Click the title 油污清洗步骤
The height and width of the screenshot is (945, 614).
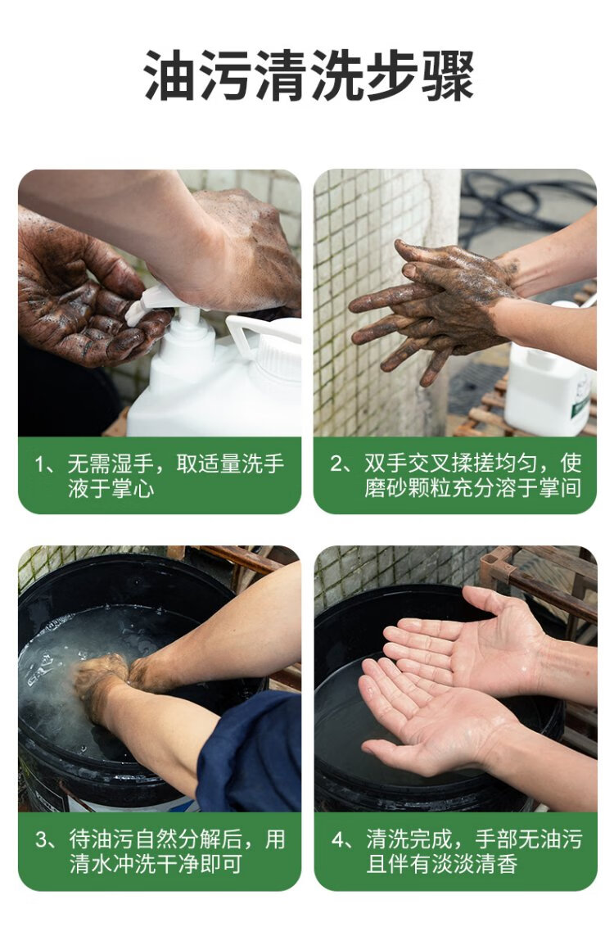coord(309,75)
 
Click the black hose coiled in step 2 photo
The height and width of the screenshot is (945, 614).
coord(524,199)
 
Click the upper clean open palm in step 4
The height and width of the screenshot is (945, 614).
coord(467,644)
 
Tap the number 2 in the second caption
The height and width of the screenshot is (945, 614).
coord(336,463)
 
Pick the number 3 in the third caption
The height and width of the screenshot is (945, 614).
coord(42,839)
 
